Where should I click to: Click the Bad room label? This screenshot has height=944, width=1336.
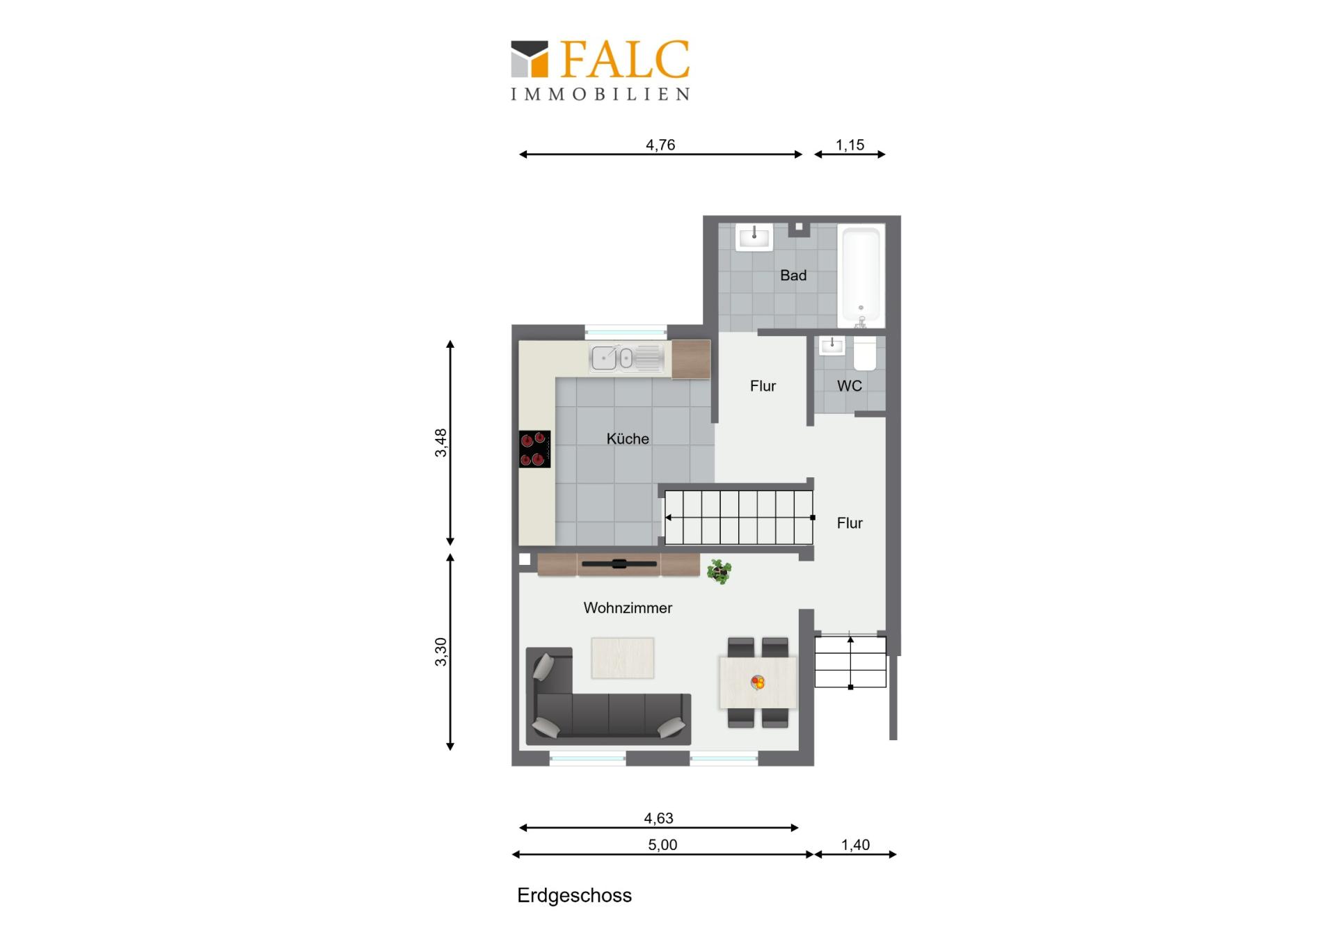pos(793,275)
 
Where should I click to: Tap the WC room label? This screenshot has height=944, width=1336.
pos(850,386)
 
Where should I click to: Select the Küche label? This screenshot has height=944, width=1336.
pos(628,439)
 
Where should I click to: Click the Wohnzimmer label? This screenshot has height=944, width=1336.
pos(628,608)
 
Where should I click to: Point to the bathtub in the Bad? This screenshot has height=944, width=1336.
pos(861,276)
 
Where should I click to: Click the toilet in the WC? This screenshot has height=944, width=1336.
pos(865,354)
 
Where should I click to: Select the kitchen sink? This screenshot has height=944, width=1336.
pos(627,358)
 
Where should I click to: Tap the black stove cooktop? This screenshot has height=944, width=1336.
pos(535,449)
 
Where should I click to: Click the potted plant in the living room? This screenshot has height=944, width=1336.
pos(719,572)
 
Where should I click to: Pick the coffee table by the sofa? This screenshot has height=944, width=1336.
pos(623,658)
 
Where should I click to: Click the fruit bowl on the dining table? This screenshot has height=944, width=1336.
pos(758,682)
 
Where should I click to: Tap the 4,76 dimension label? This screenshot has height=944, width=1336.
pos(660,145)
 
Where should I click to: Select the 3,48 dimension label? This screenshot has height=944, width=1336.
pos(441,442)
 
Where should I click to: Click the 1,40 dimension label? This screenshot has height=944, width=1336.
pos(855,845)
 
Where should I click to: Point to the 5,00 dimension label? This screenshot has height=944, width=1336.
pos(662,845)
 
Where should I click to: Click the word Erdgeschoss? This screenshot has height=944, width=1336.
pos(575,896)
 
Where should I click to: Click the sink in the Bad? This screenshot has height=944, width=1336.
pos(754,237)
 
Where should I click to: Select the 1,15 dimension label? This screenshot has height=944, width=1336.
pos(850,145)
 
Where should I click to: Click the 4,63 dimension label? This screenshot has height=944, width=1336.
pos(658,818)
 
